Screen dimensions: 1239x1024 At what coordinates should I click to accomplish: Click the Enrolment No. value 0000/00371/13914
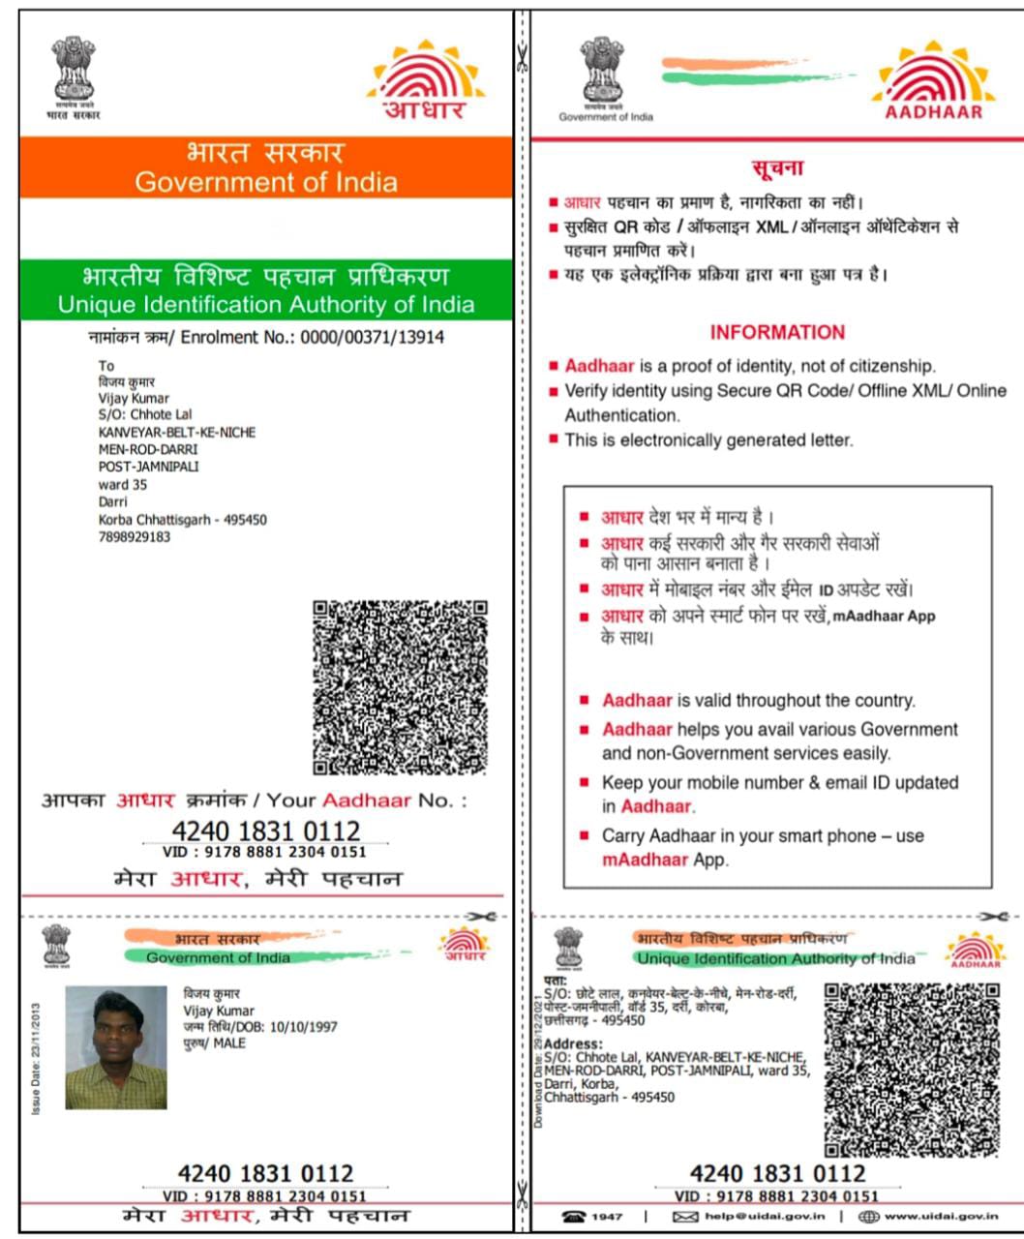pos(373,338)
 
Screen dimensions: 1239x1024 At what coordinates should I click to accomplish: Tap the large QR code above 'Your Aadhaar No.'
pos(400,687)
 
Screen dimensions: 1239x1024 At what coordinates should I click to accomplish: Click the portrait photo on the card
pos(116,1047)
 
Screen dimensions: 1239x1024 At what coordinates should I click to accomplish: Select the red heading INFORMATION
pos(777,332)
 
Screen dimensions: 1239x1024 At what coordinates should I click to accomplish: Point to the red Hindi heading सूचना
pos(777,168)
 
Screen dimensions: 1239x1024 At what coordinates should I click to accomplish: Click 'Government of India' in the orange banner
pos(265,182)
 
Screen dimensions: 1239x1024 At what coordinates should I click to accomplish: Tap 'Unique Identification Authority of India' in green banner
pos(265,305)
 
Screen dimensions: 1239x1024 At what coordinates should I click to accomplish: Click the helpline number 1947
pos(607,1216)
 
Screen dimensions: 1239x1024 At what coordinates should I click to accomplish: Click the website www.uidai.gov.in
pos(941,1216)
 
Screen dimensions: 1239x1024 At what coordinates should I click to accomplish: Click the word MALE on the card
pos(229,1043)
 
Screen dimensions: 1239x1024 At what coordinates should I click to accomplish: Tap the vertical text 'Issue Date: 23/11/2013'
pos(36,1058)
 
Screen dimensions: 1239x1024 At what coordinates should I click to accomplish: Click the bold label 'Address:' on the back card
pos(573,1044)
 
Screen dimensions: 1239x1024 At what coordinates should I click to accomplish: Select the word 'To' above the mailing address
pos(106,366)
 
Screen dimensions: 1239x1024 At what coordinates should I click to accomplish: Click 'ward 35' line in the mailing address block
pos(122,485)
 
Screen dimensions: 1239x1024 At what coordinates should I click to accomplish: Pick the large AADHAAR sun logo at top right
pos(933,82)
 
